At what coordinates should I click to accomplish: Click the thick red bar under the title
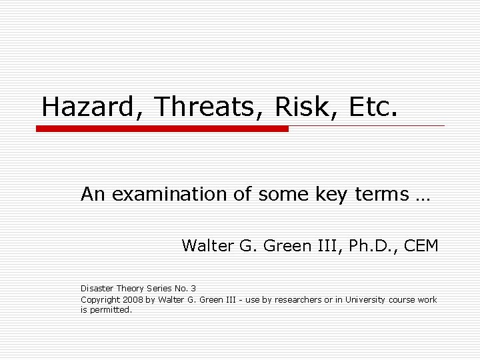[x=162, y=129]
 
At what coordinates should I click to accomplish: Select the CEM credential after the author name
[x=419, y=246]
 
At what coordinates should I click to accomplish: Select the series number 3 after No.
[x=193, y=288]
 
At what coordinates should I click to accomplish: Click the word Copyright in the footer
[x=101, y=299]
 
